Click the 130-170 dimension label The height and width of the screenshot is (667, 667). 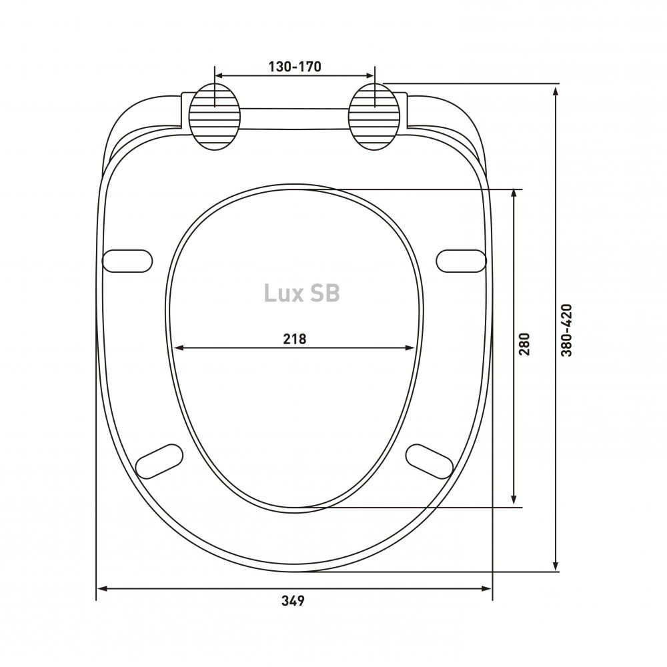tap(295, 67)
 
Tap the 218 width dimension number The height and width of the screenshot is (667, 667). tap(295, 339)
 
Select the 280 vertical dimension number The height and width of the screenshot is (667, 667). tap(524, 344)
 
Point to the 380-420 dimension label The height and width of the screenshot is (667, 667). tap(566, 330)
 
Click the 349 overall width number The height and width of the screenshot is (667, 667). tap(293, 601)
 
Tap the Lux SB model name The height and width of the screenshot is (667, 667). tap(302, 293)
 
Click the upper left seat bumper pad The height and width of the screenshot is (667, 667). tap(127, 261)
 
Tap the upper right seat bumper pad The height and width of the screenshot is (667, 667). tap(461, 261)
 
